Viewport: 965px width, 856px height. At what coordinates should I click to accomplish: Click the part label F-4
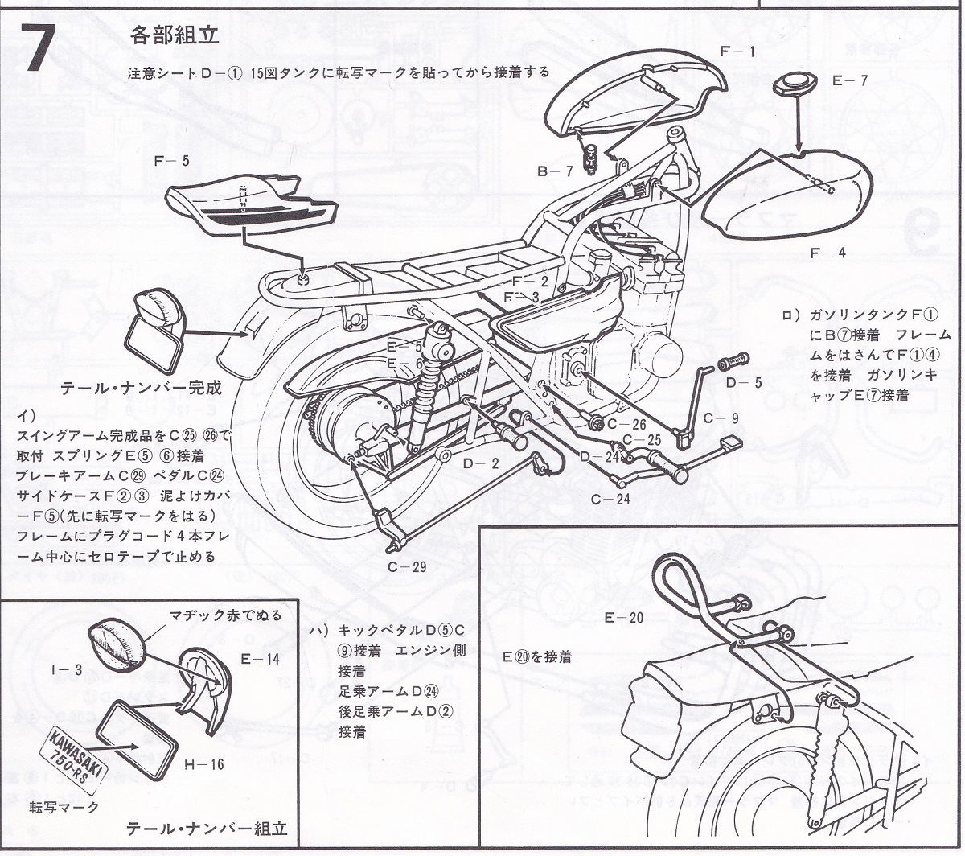coord(827,253)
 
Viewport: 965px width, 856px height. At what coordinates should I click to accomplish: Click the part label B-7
coord(555,171)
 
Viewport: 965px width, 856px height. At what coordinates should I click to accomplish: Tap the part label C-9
coord(720,418)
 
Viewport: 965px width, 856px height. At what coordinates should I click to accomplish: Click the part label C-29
coord(407,566)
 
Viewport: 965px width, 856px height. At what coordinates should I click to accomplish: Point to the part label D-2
coord(480,463)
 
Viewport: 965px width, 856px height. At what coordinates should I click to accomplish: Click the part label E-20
coord(625,618)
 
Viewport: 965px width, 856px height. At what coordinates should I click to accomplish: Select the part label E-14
coord(260,658)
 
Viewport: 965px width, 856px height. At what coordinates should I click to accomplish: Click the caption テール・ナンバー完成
coord(140,388)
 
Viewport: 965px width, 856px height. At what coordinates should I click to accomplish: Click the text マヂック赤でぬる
coord(225,615)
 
